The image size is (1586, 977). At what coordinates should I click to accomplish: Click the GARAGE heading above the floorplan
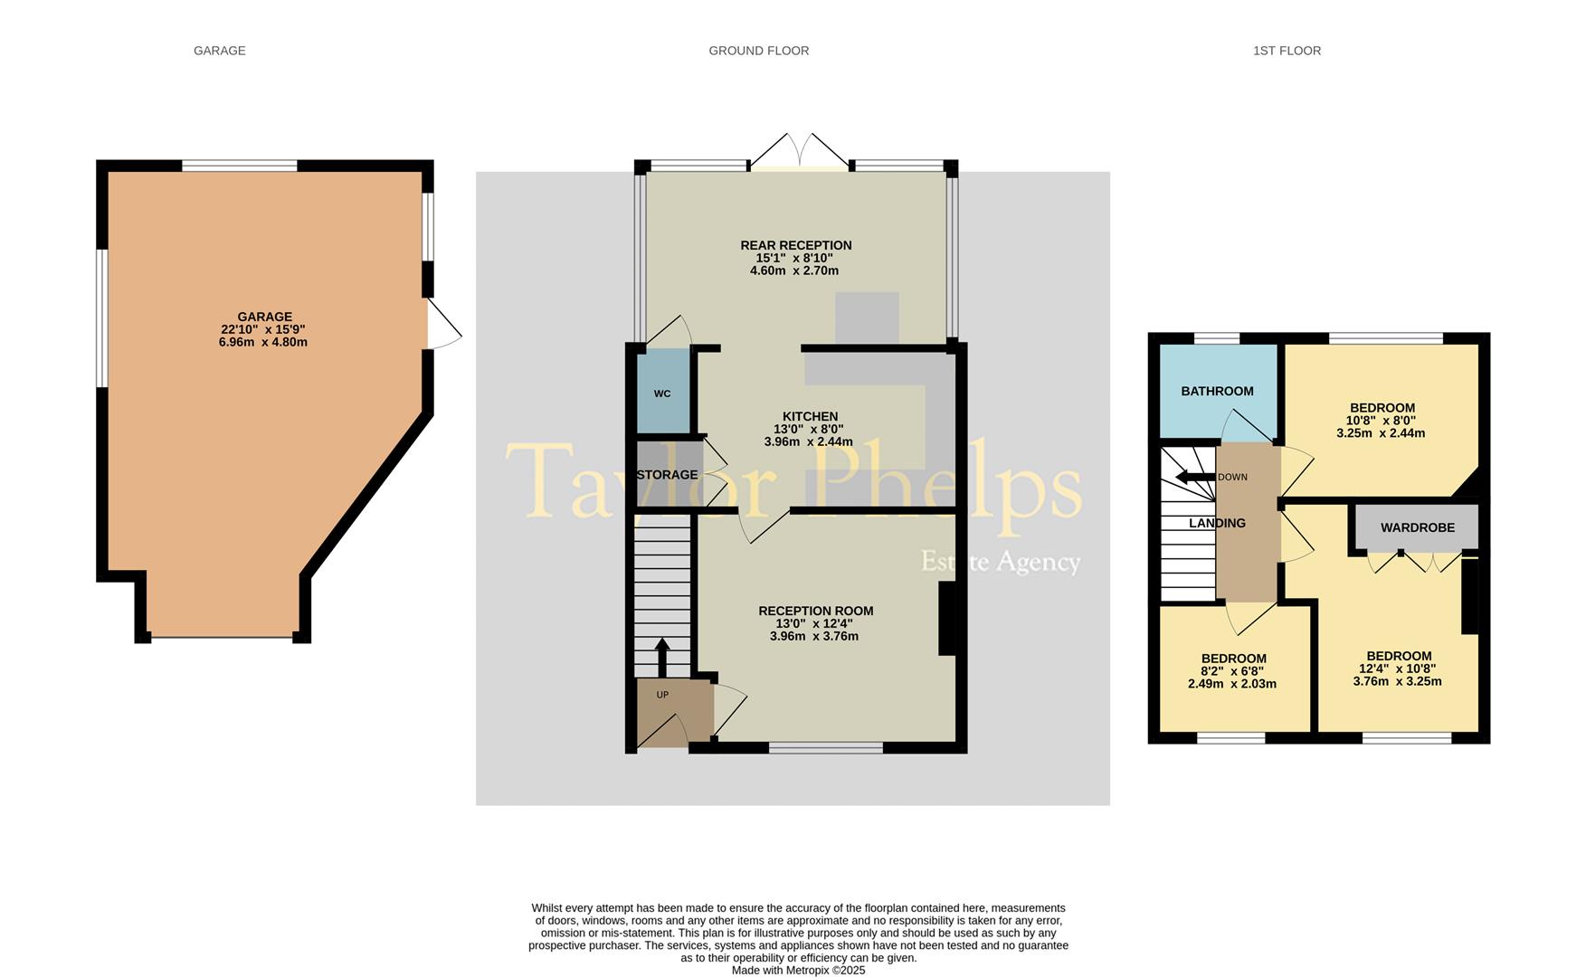(219, 51)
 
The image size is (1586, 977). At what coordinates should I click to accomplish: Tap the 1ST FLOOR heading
(1287, 51)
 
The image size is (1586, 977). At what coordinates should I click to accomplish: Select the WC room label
(662, 394)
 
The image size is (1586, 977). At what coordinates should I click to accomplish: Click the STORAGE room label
(668, 475)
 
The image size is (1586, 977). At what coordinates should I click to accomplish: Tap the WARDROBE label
(1417, 527)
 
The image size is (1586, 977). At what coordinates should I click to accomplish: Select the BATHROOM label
(1217, 391)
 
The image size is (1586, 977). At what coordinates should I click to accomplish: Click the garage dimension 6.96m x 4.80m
(263, 343)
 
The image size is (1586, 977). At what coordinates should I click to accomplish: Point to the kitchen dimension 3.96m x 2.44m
(809, 442)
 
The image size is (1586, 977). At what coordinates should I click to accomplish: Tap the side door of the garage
(444, 324)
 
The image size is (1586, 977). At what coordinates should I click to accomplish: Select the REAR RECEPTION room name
(796, 245)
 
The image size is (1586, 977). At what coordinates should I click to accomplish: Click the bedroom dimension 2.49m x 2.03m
(1232, 684)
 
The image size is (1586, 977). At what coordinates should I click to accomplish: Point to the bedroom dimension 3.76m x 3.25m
(1398, 681)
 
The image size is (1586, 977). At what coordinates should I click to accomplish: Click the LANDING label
(1217, 523)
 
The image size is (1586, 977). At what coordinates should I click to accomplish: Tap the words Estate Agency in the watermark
(1001, 562)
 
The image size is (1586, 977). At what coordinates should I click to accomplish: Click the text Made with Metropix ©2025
(798, 970)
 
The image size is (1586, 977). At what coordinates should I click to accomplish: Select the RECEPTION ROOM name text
(815, 611)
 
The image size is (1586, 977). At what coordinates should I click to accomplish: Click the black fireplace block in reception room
(947, 618)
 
